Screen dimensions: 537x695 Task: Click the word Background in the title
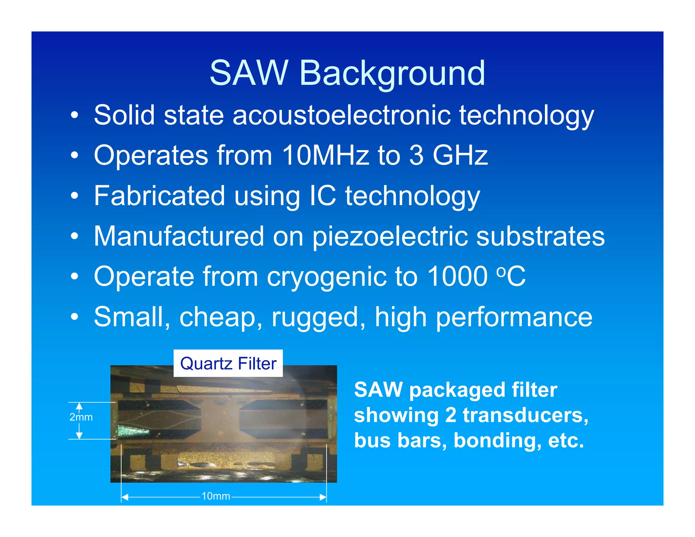click(x=392, y=73)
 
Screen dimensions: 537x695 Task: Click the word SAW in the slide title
click(x=248, y=73)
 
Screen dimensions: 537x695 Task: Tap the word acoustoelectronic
click(x=341, y=115)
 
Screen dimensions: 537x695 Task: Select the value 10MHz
click(x=325, y=155)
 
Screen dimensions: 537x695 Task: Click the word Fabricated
click(x=159, y=196)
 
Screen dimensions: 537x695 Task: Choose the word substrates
click(x=540, y=237)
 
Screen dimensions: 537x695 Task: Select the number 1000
click(x=457, y=277)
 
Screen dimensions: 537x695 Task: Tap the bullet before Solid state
click(x=74, y=116)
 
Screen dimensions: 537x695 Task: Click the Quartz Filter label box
click(x=228, y=363)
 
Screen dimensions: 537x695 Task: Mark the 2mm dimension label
click(x=81, y=417)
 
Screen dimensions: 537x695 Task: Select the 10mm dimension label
click(x=216, y=496)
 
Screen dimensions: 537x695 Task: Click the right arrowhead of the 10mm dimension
click(x=323, y=497)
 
